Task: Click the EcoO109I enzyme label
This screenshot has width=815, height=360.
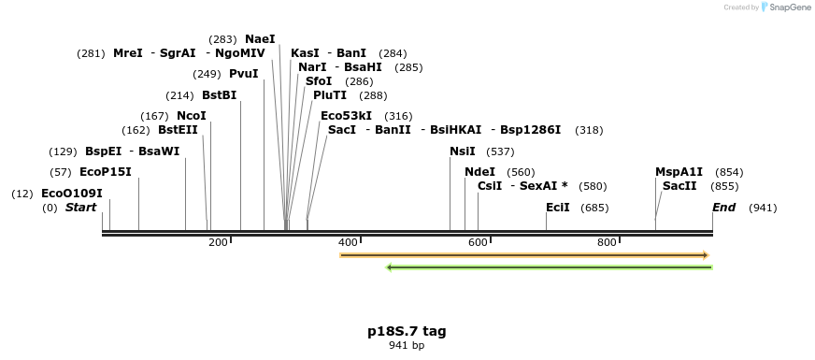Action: pyautogui.click(x=72, y=194)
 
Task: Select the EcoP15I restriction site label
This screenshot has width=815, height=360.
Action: pyautogui.click(x=106, y=172)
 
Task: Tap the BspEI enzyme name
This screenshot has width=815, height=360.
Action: pyautogui.click(x=103, y=151)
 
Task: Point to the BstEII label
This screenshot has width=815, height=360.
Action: pyautogui.click(x=178, y=130)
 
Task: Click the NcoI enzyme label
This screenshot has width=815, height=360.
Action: pyautogui.click(x=192, y=116)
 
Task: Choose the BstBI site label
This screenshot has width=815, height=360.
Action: pyautogui.click(x=219, y=95)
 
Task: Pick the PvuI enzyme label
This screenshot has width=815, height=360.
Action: pyautogui.click(x=243, y=74)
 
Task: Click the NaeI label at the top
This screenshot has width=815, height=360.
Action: pyautogui.click(x=260, y=39)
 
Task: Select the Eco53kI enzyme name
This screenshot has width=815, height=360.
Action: pyautogui.click(x=346, y=116)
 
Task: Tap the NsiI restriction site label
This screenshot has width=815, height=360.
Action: pyautogui.click(x=463, y=151)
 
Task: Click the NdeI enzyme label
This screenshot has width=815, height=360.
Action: pyautogui.click(x=479, y=172)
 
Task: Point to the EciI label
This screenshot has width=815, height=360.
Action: pyautogui.click(x=558, y=208)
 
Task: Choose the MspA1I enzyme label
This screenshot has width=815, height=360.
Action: pyautogui.click(x=679, y=172)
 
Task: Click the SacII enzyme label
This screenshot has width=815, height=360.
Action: pyautogui.click(x=679, y=186)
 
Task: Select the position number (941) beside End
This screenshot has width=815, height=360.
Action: pyautogui.click(x=763, y=208)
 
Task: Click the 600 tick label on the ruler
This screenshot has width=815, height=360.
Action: pyautogui.click(x=479, y=243)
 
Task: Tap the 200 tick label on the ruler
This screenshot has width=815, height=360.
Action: pyautogui.click(x=219, y=243)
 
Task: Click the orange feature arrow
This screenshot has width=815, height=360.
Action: pyautogui.click(x=523, y=255)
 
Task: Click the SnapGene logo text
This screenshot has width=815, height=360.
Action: pyautogui.click(x=791, y=7)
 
